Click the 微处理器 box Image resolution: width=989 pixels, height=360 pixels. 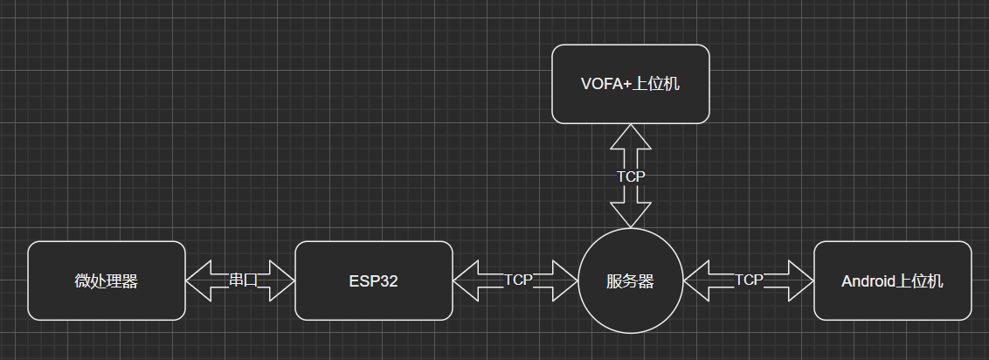[107, 280]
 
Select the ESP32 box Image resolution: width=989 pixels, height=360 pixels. [373, 280]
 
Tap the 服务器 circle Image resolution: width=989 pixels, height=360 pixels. [630, 281]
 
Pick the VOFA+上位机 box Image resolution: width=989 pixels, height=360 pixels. [630, 84]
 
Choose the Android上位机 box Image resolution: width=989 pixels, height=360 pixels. [892, 280]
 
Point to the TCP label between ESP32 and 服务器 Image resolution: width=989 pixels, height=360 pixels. [518, 280]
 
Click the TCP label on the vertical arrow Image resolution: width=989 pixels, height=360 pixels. [631, 177]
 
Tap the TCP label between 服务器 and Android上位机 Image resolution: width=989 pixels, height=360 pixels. [749, 280]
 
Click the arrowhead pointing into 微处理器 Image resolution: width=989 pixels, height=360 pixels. [199, 280]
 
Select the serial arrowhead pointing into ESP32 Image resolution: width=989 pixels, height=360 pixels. [282, 280]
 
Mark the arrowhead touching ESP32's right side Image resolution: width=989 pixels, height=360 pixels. [467, 280]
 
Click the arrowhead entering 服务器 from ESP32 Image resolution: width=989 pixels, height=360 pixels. [566, 280]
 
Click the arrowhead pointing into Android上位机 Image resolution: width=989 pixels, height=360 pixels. [801, 280]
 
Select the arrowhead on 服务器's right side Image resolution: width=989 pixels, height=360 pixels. [697, 280]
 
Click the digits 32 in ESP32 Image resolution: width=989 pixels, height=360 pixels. [391, 281]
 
